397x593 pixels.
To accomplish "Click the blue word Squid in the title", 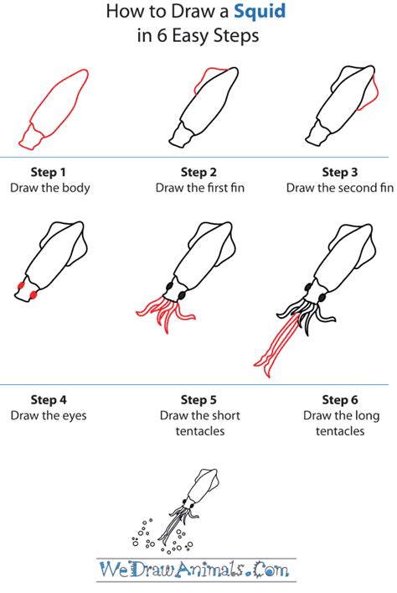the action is tap(260, 12).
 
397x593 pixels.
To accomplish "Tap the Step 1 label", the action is tap(48, 172).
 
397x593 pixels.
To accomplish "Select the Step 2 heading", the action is tap(198, 172).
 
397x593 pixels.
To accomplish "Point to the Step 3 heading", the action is tap(339, 172).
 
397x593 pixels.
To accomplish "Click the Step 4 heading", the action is tap(49, 400).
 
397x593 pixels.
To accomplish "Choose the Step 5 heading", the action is tap(198, 400).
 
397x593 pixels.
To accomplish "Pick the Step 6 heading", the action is tap(339, 400).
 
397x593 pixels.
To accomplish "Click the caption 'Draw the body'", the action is tap(50, 188).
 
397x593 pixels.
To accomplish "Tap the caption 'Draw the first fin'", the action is tap(200, 188).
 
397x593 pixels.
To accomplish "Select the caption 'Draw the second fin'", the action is tap(340, 188).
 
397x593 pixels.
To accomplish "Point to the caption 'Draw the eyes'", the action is tap(49, 416).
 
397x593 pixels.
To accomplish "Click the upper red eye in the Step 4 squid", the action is tap(21, 285).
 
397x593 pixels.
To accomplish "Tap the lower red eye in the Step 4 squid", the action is tap(34, 294).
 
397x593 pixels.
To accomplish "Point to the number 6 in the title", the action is tap(162, 36).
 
